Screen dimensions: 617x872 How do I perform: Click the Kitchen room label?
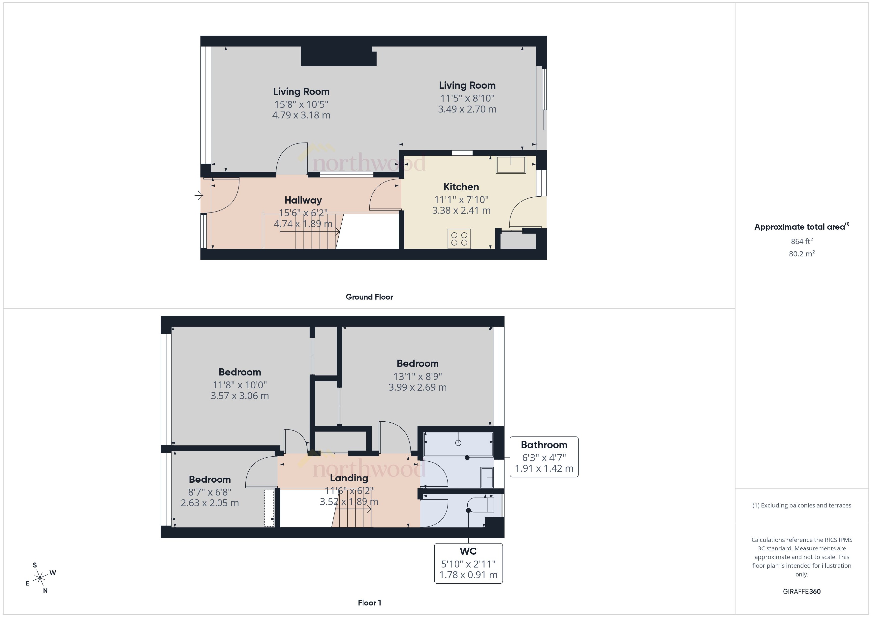pyautogui.click(x=461, y=187)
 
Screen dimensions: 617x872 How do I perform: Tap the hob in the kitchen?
pyautogui.click(x=459, y=239)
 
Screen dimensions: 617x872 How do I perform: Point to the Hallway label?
pyautogui.click(x=303, y=200)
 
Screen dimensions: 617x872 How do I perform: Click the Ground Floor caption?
pyautogui.click(x=369, y=297)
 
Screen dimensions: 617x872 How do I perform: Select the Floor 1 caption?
pyautogui.click(x=369, y=602)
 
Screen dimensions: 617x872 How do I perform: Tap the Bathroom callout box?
pyautogui.click(x=544, y=456)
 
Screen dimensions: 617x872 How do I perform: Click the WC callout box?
pyautogui.click(x=468, y=563)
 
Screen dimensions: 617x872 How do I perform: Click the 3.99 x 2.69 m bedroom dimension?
pyautogui.click(x=417, y=387)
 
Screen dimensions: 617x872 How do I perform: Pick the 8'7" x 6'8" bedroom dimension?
pyautogui.click(x=210, y=492)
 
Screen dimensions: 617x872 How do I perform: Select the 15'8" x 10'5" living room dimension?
pyautogui.click(x=301, y=104)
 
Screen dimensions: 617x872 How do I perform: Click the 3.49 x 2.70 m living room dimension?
pyautogui.click(x=467, y=109)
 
